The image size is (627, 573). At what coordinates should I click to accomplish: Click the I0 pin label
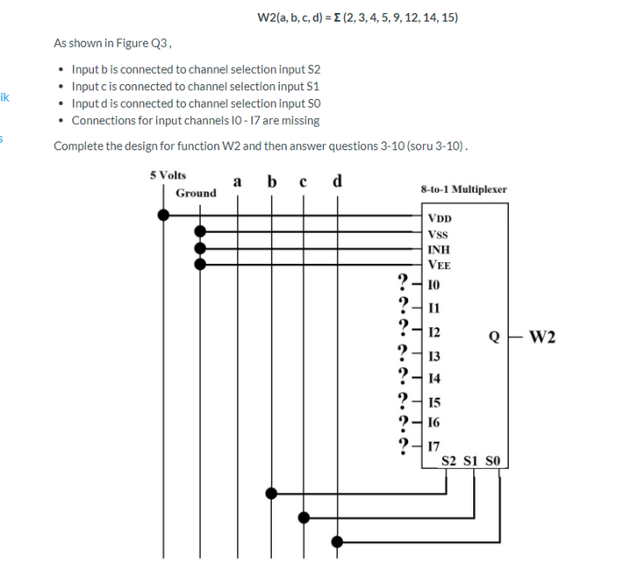point(435,284)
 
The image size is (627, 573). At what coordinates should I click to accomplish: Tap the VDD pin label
point(440,219)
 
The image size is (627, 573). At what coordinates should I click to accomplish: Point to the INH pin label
point(439,250)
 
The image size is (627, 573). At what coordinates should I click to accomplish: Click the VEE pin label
point(439,266)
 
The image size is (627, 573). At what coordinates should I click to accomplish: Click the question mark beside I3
point(402,353)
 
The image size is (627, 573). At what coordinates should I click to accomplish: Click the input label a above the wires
point(236,182)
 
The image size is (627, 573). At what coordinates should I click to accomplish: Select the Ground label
point(195,193)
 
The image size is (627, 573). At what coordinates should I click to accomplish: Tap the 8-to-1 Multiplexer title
point(463,188)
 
